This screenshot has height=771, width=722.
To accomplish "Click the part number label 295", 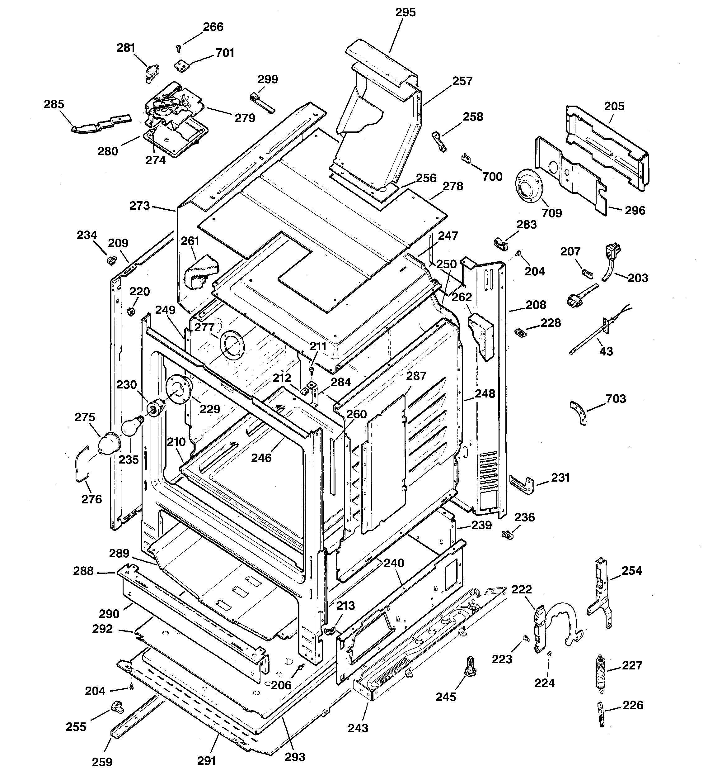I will [x=406, y=12].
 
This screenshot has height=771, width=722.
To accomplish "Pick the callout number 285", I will [x=54, y=104].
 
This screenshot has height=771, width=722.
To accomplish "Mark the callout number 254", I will [x=632, y=570].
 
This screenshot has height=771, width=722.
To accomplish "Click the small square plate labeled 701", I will [x=180, y=66].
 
